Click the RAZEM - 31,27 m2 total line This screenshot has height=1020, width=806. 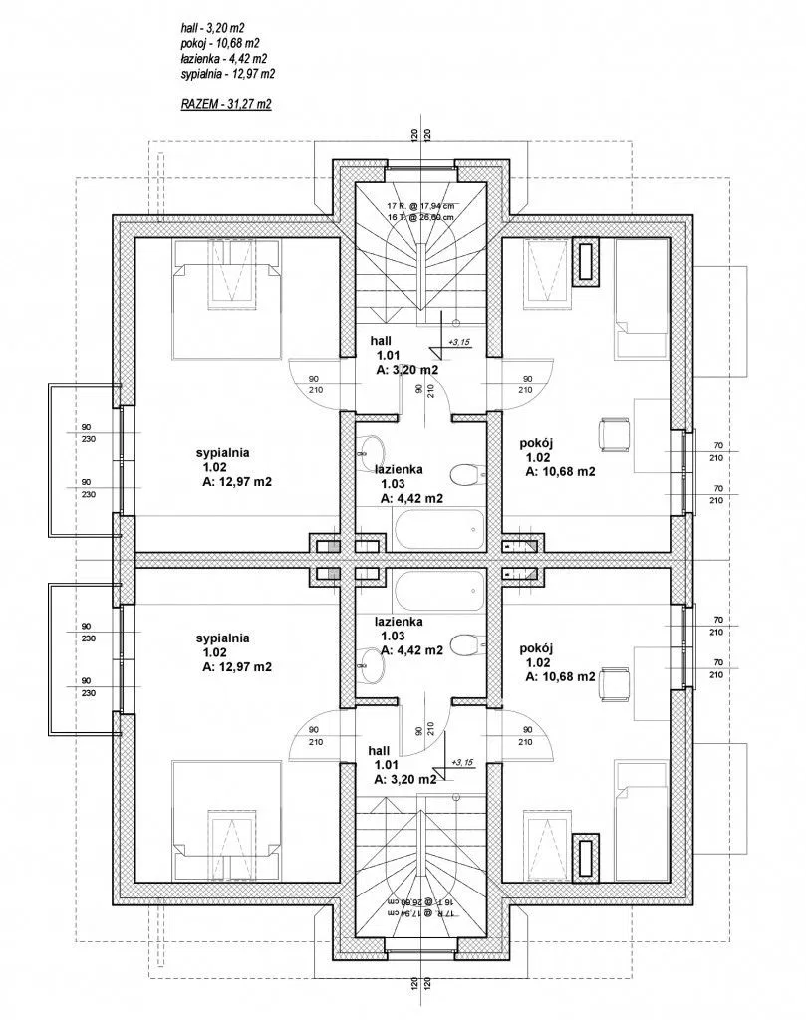pos(226,104)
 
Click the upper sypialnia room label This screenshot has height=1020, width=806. pos(222,452)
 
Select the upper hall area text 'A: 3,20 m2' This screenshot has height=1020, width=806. pos(406,370)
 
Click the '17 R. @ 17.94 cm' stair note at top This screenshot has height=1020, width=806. pos(419,205)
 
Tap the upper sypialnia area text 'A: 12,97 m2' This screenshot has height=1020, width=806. pos(237,482)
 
